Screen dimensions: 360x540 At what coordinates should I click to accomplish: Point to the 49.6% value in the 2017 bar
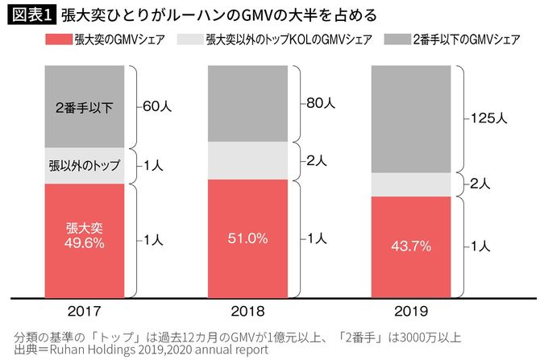click(x=85, y=241)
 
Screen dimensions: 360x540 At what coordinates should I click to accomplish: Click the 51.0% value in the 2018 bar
click(x=247, y=238)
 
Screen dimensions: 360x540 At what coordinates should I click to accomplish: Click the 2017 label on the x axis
click(x=84, y=308)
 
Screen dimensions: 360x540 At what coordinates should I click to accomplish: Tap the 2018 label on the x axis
click(x=247, y=308)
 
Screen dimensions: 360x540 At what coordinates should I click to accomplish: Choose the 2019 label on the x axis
click(x=409, y=308)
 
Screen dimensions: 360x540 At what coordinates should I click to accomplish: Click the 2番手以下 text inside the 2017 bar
click(x=85, y=106)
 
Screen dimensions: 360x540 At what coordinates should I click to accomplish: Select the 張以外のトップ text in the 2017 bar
click(x=85, y=166)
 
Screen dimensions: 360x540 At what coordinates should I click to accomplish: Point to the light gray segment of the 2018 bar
click(x=247, y=160)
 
